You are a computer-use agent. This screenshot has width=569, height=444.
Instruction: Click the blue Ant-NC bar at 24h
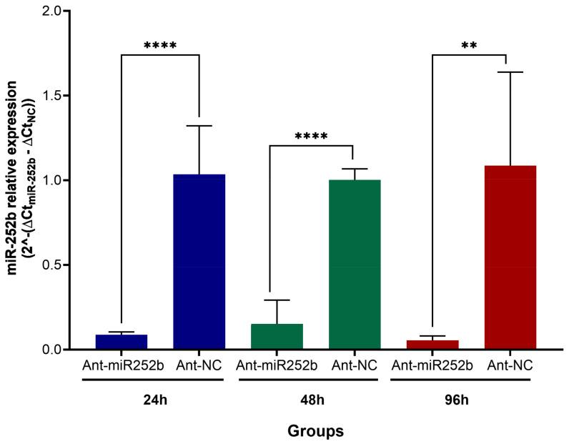pos(199,262)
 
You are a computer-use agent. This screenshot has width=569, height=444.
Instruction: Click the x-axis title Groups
pos(315,431)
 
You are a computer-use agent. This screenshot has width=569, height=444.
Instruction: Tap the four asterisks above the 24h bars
pos(160,47)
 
